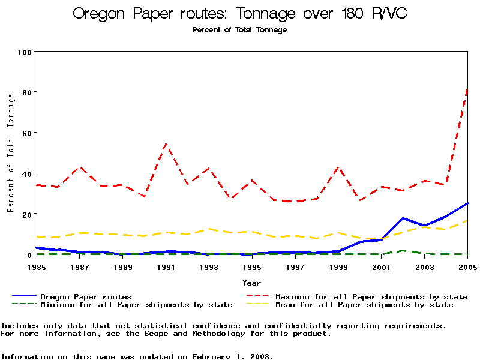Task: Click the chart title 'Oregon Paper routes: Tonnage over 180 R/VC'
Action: pyautogui.click(x=240, y=13)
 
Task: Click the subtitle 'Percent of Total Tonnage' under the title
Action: pyautogui.click(x=239, y=30)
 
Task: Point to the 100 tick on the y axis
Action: pyautogui.click(x=25, y=52)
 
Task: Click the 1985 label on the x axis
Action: pyautogui.click(x=37, y=266)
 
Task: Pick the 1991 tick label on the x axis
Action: pyautogui.click(x=166, y=266)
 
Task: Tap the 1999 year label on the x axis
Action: pyautogui.click(x=338, y=266)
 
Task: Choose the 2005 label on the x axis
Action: pyautogui.click(x=467, y=266)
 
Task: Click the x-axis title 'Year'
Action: pyautogui.click(x=252, y=283)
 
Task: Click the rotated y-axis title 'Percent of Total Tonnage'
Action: pyautogui.click(x=10, y=153)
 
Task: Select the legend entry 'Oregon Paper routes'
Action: pyautogui.click(x=86, y=296)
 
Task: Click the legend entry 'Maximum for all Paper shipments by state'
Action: pyautogui.click(x=371, y=296)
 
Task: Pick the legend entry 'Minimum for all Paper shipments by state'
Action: pyautogui.click(x=136, y=305)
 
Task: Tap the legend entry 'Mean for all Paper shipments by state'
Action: pyautogui.click(x=364, y=305)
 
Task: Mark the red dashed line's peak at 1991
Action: pyautogui.click(x=166, y=144)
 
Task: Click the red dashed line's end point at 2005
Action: pyautogui.click(x=467, y=89)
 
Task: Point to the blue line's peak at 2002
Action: pyautogui.click(x=403, y=218)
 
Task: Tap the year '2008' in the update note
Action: pyautogui.click(x=262, y=356)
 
